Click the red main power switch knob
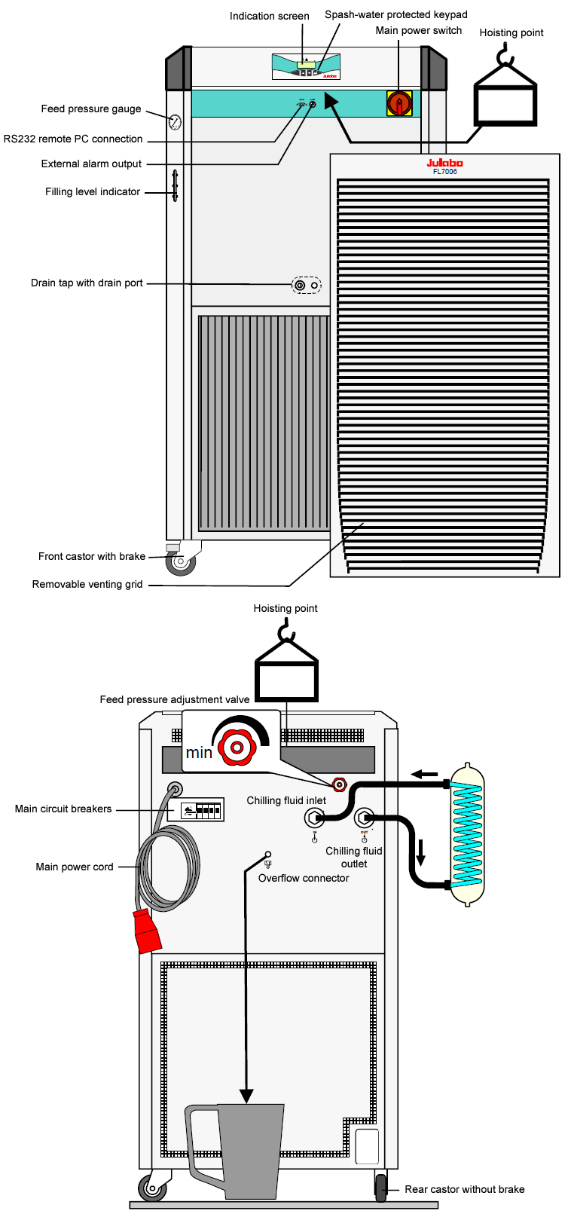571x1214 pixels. click(399, 103)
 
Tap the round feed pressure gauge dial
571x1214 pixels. click(175, 121)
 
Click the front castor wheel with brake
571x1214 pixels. click(180, 561)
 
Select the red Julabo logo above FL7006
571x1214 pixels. click(444, 163)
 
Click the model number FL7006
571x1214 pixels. click(444, 172)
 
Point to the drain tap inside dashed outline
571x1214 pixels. click(300, 286)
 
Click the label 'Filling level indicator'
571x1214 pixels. click(93, 192)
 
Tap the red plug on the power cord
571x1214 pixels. click(147, 931)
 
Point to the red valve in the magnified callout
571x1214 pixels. click(236, 748)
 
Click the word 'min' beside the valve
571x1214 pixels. click(199, 753)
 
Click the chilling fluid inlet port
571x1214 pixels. click(314, 818)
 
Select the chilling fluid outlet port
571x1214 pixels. click(364, 818)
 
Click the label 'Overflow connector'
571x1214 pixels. click(304, 879)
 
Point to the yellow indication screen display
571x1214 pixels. click(306, 65)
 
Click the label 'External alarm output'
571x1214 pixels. click(91, 164)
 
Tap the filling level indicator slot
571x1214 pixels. click(175, 185)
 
